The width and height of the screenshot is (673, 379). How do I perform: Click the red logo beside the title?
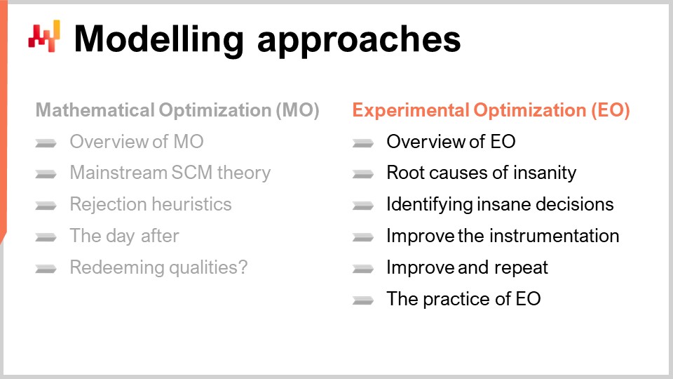coord(44,36)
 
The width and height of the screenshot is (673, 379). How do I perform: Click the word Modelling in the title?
coord(159,39)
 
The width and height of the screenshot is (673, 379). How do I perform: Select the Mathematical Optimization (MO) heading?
coord(177,111)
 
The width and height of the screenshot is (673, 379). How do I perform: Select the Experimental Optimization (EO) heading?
coord(491,111)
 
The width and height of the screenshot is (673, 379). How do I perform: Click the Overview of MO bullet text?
coord(136,142)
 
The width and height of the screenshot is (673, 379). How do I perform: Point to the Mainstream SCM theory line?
coord(170,173)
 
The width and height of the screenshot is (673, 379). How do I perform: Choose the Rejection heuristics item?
coord(150,204)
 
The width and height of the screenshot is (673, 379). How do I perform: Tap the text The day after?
coord(124,236)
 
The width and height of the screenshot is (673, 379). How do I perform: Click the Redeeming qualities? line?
coord(158,267)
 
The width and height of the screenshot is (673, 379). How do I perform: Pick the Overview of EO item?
coord(451,142)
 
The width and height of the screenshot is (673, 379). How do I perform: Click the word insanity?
coord(543,173)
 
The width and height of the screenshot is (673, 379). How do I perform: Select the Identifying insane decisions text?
coord(500,204)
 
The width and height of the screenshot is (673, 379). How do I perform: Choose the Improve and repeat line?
coord(467,267)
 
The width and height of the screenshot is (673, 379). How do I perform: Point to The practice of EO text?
coord(463,299)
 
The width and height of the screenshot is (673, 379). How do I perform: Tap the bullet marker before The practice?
coord(362,300)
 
